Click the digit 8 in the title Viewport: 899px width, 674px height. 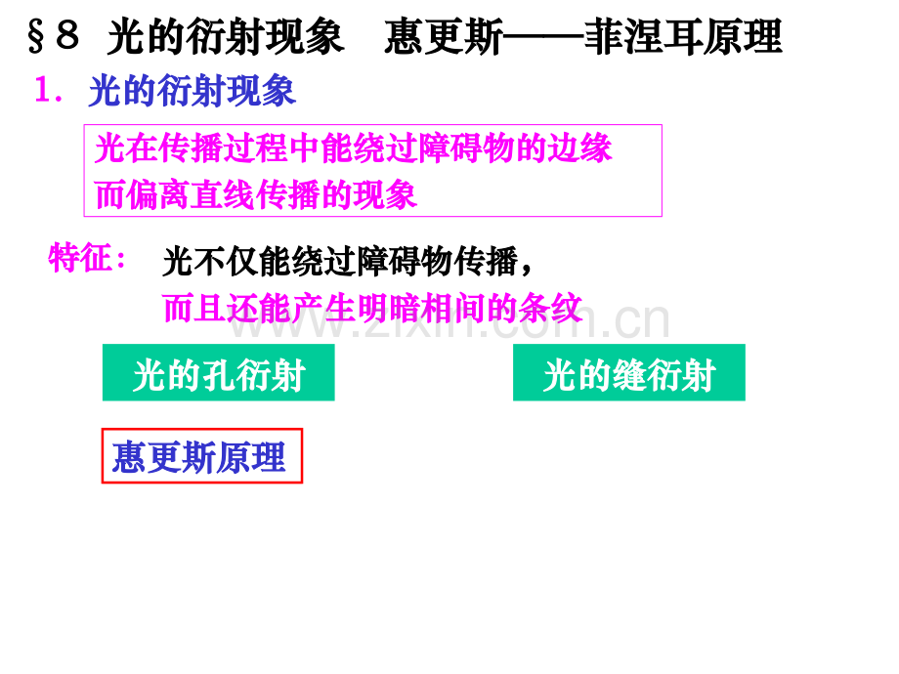coord(67,34)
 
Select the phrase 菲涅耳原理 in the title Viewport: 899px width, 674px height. coord(683,37)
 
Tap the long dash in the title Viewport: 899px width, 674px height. coord(543,38)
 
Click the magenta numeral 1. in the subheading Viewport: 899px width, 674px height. coord(49,90)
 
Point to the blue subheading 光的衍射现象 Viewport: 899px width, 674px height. coord(193,91)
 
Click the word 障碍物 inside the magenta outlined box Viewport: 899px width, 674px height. coord(467,147)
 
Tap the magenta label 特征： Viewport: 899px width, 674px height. coord(87,257)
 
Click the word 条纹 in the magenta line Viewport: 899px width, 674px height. coord(550,308)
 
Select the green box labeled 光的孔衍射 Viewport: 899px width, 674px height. coord(219,372)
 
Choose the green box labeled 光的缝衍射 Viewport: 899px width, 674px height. coord(629,372)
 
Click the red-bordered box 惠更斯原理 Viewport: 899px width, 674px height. coord(202,456)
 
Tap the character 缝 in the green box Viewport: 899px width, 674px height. coord(629,376)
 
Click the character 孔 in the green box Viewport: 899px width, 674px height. coord(219,376)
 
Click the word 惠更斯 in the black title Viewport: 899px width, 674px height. coord(444,37)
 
